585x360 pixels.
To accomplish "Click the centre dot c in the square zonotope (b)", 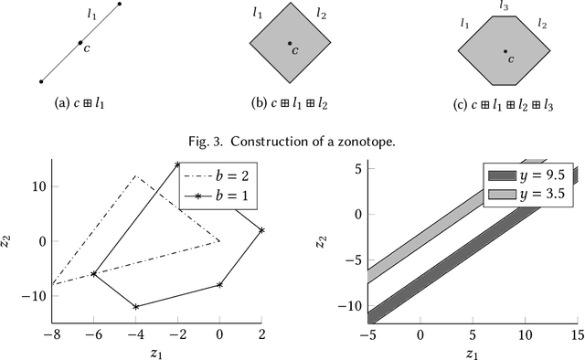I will click(290, 43).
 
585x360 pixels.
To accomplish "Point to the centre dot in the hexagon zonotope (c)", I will click(504, 51).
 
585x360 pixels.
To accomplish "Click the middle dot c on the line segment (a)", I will click(80, 43).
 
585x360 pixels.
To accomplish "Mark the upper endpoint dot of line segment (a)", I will click(120, 5).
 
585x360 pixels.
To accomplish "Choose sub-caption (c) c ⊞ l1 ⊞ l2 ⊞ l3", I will click(505, 102).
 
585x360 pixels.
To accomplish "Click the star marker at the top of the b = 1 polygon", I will click(177, 164).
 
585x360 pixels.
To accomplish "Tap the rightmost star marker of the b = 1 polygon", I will click(261, 230).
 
